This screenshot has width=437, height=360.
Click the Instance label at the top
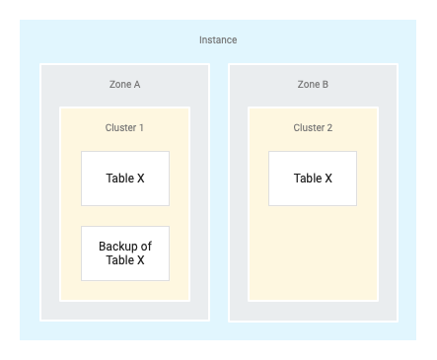pyautogui.click(x=218, y=40)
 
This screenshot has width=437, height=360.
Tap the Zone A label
pyautogui.click(x=124, y=85)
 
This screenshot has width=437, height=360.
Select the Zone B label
pyautogui.click(x=313, y=85)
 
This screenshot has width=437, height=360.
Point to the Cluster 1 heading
pyautogui.click(x=124, y=128)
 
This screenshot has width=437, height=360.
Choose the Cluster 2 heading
pyautogui.click(x=313, y=128)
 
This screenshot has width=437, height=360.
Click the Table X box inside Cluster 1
pyautogui.click(x=125, y=179)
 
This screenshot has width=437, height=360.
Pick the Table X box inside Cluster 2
pyautogui.click(x=313, y=179)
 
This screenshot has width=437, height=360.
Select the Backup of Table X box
pyautogui.click(x=125, y=253)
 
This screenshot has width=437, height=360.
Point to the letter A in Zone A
pyautogui.click(x=136, y=85)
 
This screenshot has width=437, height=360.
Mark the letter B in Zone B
pyautogui.click(x=326, y=85)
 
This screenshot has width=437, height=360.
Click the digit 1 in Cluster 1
pyautogui.click(x=140, y=128)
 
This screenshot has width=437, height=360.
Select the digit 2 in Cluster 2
pyautogui.click(x=329, y=128)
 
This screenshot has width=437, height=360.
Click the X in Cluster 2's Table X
pyautogui.click(x=328, y=179)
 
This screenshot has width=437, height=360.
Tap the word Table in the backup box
pyautogui.click(x=120, y=260)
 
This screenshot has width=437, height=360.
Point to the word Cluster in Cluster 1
pyautogui.click(x=120, y=128)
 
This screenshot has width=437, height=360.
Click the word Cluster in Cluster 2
pyautogui.click(x=309, y=128)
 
